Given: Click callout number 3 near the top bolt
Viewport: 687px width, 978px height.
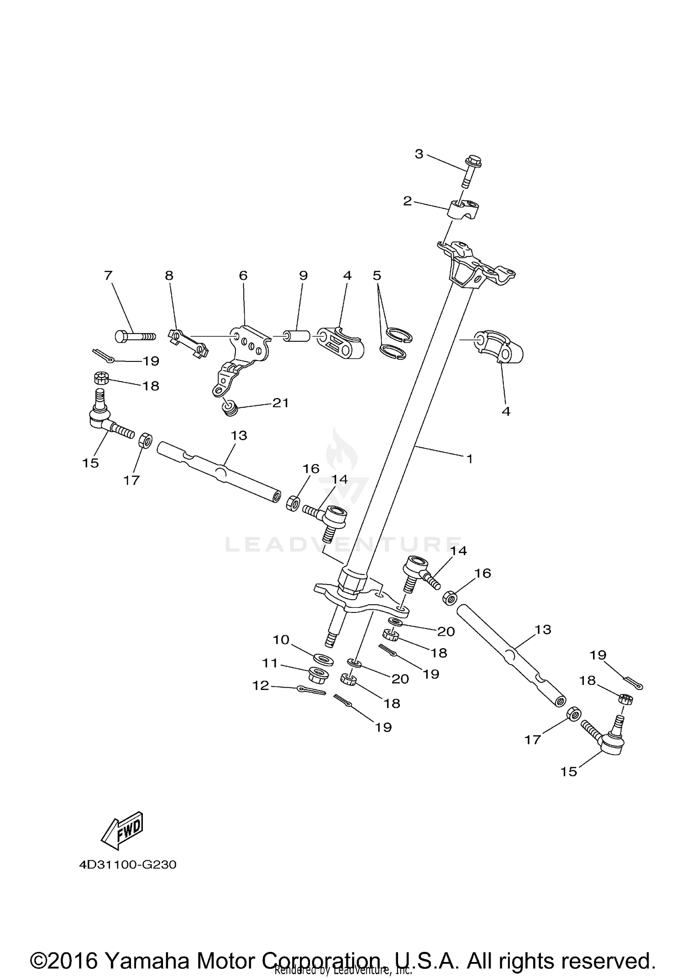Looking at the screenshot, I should pos(419,154).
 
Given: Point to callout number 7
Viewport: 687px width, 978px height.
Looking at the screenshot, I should pos(108,275).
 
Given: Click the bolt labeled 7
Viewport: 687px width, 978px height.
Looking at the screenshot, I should pos(134,337).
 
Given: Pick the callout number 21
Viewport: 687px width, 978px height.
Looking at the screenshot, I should pos(280,403).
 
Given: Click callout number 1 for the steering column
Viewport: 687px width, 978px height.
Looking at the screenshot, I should pos(469,458).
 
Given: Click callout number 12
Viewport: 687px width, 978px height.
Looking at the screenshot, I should pos(261,685).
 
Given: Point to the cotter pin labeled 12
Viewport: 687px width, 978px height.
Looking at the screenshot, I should pos(311,690).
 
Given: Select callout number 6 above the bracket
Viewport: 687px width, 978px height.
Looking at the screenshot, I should pos(243,275).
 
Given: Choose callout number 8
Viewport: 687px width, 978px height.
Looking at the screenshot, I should pos(169,275).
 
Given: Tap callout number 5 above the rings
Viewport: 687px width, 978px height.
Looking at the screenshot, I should pos(376,275).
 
